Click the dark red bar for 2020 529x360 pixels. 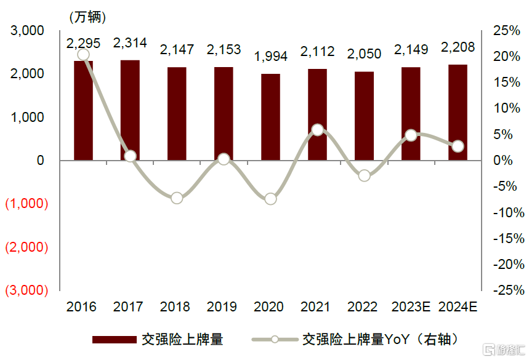pyautogui.click(x=270, y=117)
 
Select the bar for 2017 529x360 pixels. pyautogui.click(x=130, y=110)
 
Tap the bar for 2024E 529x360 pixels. pyautogui.click(x=458, y=113)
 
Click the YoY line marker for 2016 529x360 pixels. pyautogui.click(x=83, y=55)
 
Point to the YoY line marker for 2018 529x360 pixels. pyautogui.click(x=177, y=198)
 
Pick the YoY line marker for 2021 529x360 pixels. pyautogui.click(x=318, y=130)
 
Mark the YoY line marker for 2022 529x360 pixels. pyautogui.click(x=365, y=175)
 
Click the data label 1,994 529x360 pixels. pyautogui.click(x=270, y=56)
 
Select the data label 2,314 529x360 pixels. pyautogui.click(x=130, y=43)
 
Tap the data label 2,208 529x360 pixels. pyautogui.click(x=458, y=47)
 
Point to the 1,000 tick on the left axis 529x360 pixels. pyautogui.click(x=27, y=118)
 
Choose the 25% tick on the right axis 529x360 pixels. pyautogui.click(x=507, y=31)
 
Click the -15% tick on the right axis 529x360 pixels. pyautogui.click(x=509, y=239)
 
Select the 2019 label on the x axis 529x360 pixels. pyautogui.click(x=222, y=306)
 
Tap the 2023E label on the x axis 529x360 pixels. pyautogui.click(x=411, y=306)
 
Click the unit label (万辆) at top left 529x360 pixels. pyautogui.click(x=87, y=17)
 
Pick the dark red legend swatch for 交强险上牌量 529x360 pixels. pyautogui.click(x=115, y=340)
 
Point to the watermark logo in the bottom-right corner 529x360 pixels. pyautogui.click(x=504, y=350)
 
